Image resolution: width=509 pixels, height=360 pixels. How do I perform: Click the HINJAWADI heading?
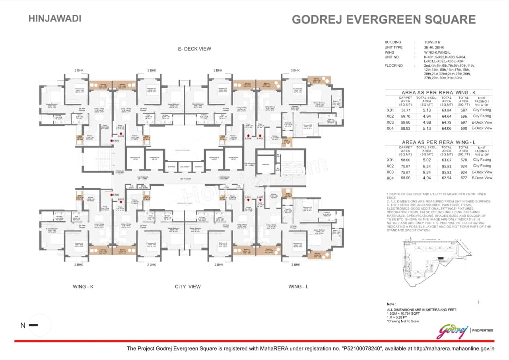tap(55, 18)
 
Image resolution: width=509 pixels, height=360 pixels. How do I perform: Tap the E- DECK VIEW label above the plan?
tap(194, 49)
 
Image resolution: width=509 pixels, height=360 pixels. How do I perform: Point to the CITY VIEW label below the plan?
tap(188, 286)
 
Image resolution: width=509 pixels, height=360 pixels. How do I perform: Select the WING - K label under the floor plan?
tap(84, 286)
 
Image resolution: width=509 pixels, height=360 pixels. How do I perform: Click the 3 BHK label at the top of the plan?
tap(295, 70)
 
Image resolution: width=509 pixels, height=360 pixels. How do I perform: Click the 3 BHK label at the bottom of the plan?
tap(295, 265)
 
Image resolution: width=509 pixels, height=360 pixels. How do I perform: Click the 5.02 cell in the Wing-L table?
tap(427, 160)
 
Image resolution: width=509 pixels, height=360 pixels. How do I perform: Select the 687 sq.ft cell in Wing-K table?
tap(464, 110)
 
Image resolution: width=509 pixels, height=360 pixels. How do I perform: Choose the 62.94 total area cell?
tap(447, 178)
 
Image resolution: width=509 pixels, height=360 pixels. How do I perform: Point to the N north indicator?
tap(23, 325)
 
